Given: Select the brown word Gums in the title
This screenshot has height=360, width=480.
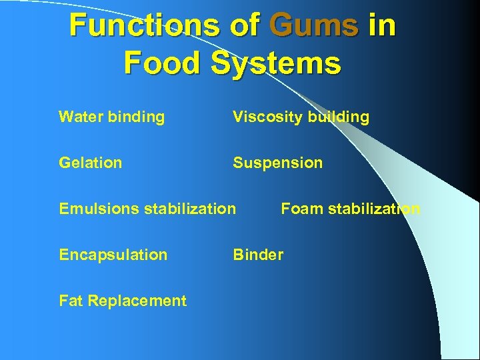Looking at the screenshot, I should point(314,25).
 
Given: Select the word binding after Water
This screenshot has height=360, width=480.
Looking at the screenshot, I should point(137,118).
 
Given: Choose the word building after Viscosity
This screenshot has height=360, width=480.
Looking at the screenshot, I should point(338,118).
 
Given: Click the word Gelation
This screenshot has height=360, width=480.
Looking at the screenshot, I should point(91,163).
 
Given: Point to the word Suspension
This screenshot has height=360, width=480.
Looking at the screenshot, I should point(277,163).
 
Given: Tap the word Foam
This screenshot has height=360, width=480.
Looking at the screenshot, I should point(301,209).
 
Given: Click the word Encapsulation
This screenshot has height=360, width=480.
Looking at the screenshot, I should point(113,255).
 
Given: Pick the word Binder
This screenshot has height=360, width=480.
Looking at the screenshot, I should point(258,255).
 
